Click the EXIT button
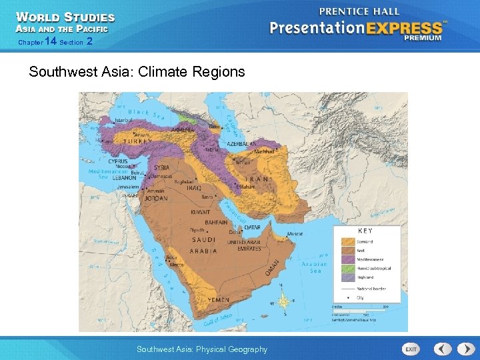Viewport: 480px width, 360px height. pyautogui.click(x=411, y=349)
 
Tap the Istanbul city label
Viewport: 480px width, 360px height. pyautogui.click(x=123, y=120)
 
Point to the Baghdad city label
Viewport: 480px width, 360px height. pyautogui.click(x=183, y=181)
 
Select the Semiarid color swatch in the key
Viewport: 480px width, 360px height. pyautogui.click(x=348, y=241)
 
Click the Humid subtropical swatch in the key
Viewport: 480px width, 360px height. pyautogui.click(x=348, y=268)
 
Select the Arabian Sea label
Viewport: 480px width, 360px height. pyautogui.click(x=314, y=267)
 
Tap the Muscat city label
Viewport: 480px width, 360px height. pyautogui.click(x=295, y=233)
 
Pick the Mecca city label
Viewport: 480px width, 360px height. pyautogui.click(x=177, y=265)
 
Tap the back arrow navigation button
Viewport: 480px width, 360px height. pyautogui.click(x=443, y=349)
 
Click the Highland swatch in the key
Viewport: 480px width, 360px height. pyautogui.click(x=348, y=277)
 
